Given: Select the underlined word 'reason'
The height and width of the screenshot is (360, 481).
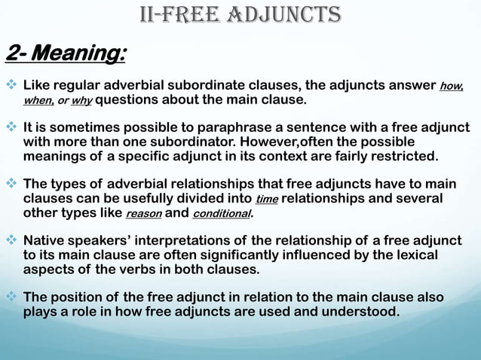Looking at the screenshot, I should pyautogui.click(x=142, y=214).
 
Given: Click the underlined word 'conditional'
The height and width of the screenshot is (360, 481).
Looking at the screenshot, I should pyautogui.click(x=220, y=214).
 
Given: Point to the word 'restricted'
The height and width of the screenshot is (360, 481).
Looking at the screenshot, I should pyautogui.click(x=397, y=157).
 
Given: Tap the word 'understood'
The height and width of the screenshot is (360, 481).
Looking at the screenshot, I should pyautogui.click(x=355, y=312).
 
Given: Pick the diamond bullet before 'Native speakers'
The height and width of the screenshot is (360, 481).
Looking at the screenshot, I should pyautogui.click(x=13, y=241).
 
